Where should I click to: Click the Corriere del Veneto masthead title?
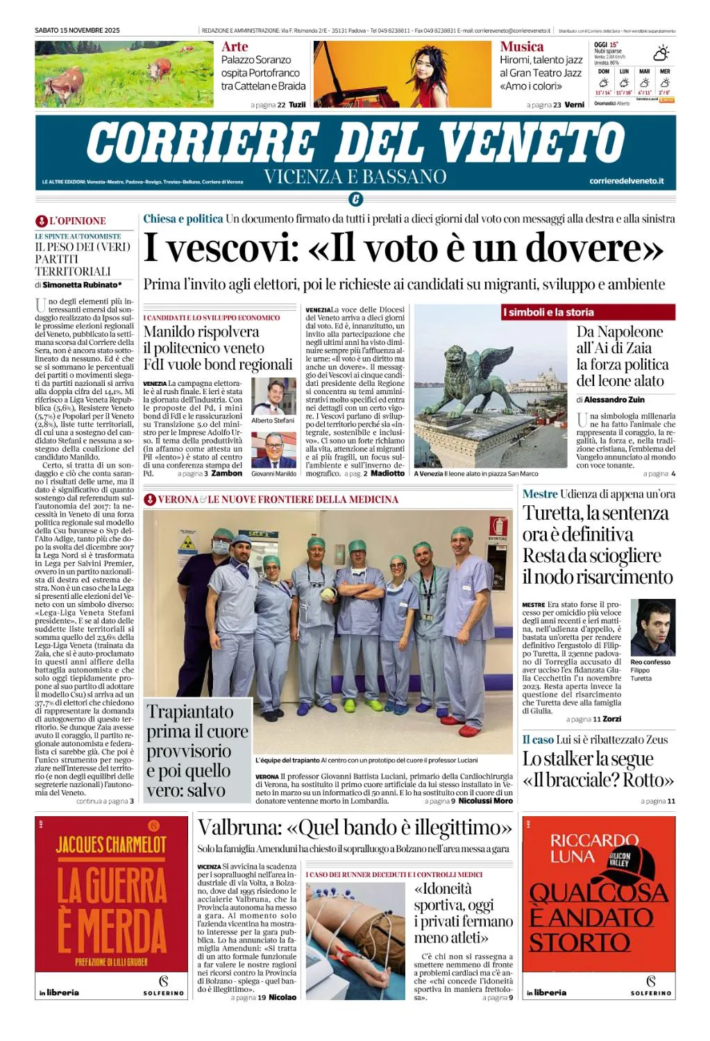[x=355, y=142]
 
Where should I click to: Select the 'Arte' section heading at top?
[x=235, y=46]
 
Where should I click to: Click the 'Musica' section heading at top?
[x=521, y=46]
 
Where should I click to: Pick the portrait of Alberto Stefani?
[x=273, y=396]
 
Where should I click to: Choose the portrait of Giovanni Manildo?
[x=273, y=450]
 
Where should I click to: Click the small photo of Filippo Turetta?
[x=652, y=628]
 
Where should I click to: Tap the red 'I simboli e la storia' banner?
[x=587, y=312]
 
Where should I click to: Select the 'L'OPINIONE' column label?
[x=77, y=221]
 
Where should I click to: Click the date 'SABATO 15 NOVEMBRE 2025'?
[x=77, y=31]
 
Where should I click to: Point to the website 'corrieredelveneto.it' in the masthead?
[x=626, y=181]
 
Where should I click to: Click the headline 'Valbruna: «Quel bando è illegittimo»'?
[x=355, y=828]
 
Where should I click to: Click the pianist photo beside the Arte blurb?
[x=402, y=74]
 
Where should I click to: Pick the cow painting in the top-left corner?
[x=124, y=74]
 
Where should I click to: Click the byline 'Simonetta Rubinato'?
[x=81, y=285]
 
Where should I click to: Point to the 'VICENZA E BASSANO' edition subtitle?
[x=355, y=177]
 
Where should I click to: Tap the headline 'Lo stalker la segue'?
[x=588, y=759]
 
